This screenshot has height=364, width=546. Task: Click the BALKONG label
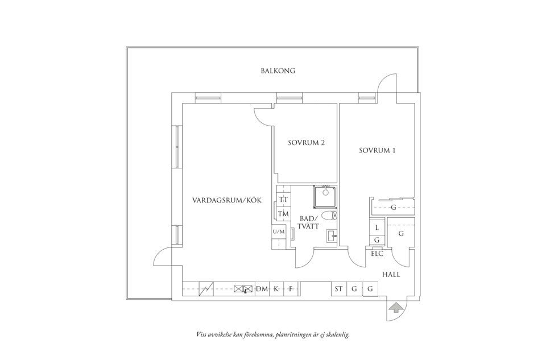click(278, 71)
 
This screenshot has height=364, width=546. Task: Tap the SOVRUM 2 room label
click(307, 143)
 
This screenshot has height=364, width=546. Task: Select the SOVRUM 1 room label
click(377, 151)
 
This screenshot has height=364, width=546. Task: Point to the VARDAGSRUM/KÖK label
click(227, 201)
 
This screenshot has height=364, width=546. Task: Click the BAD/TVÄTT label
click(309, 222)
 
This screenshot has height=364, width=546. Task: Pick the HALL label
click(391, 275)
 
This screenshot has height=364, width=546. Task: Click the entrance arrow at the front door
click(395, 308)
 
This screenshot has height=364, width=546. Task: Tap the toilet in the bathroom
click(329, 216)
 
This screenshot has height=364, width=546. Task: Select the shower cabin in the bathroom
click(325, 196)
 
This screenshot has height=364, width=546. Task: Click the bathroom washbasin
click(332, 237)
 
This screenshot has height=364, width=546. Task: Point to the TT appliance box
click(284, 200)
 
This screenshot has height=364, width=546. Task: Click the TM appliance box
click(284, 214)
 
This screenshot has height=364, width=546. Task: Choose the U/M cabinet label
click(279, 231)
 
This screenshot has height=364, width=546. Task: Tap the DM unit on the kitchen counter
click(262, 289)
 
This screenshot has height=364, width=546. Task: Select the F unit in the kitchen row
click(289, 289)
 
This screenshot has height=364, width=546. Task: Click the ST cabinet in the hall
click(338, 289)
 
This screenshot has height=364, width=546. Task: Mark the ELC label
click(377, 254)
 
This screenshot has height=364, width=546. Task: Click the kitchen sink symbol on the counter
click(243, 289)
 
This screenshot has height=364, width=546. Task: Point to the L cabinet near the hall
click(377, 227)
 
